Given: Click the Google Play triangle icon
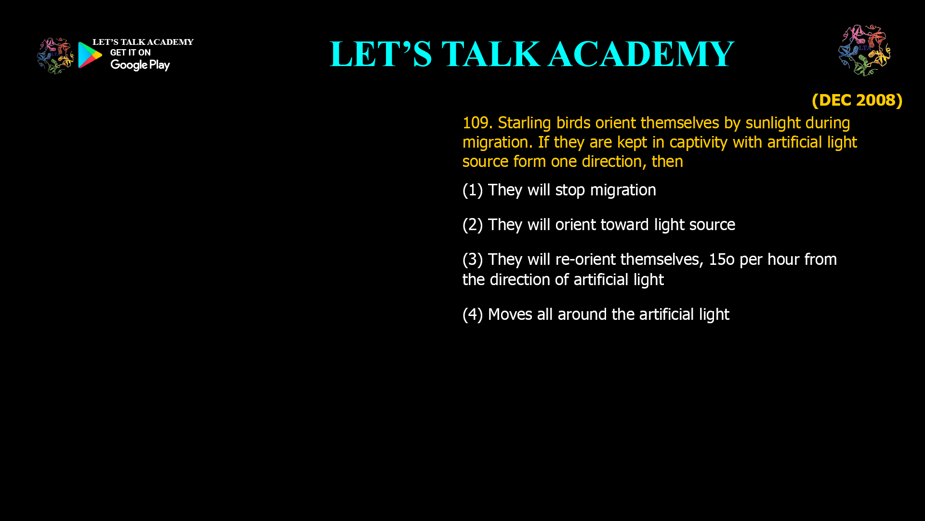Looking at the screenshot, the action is (x=90, y=55).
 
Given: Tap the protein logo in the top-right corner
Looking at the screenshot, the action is (x=864, y=50).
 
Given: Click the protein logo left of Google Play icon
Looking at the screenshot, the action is (x=55, y=56).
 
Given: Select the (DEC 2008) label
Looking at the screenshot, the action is (x=857, y=100).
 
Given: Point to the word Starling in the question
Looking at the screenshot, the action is (x=524, y=123).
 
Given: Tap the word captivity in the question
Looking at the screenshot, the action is (x=699, y=142).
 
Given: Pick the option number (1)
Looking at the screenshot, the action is (x=473, y=190).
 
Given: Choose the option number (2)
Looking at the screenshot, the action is (x=473, y=225).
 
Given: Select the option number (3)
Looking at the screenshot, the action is (x=473, y=260).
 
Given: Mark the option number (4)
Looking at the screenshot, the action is (x=473, y=315).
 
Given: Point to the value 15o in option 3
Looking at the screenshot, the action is (x=722, y=260).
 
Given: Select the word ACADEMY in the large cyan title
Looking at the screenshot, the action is (x=641, y=54).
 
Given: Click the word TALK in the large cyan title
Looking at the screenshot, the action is (x=490, y=54).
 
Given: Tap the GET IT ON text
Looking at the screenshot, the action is (x=130, y=53).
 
